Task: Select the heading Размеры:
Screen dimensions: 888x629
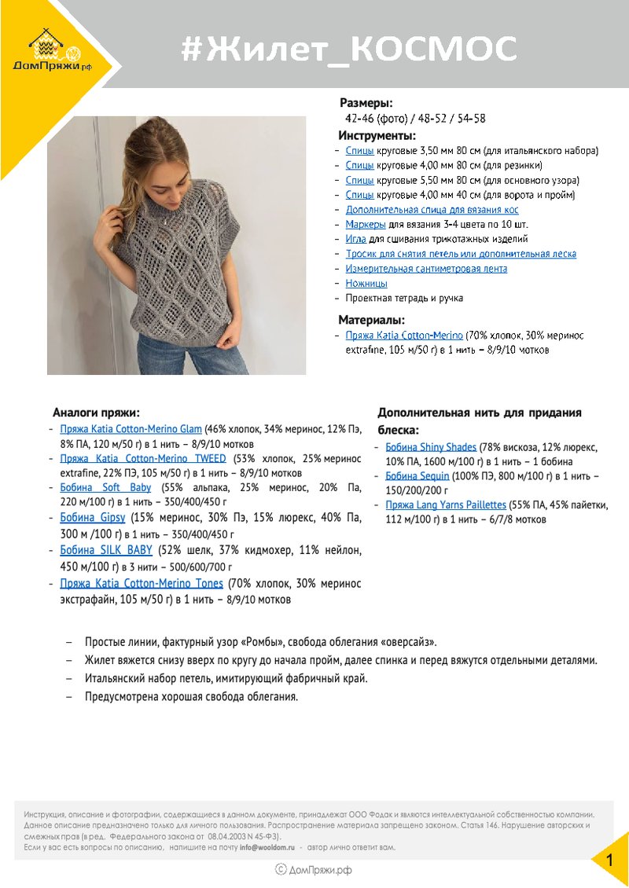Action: tap(366, 103)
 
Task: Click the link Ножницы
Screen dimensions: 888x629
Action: tap(366, 283)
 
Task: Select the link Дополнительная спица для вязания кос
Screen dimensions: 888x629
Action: tap(432, 210)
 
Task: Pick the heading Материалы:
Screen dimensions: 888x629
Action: tap(372, 320)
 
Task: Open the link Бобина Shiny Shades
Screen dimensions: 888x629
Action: tap(431, 447)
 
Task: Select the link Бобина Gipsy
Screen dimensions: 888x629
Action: tap(93, 518)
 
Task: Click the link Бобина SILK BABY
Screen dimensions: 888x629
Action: tap(106, 550)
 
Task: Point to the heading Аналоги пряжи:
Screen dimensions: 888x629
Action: tap(97, 412)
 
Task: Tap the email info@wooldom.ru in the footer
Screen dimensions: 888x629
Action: tap(267, 848)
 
